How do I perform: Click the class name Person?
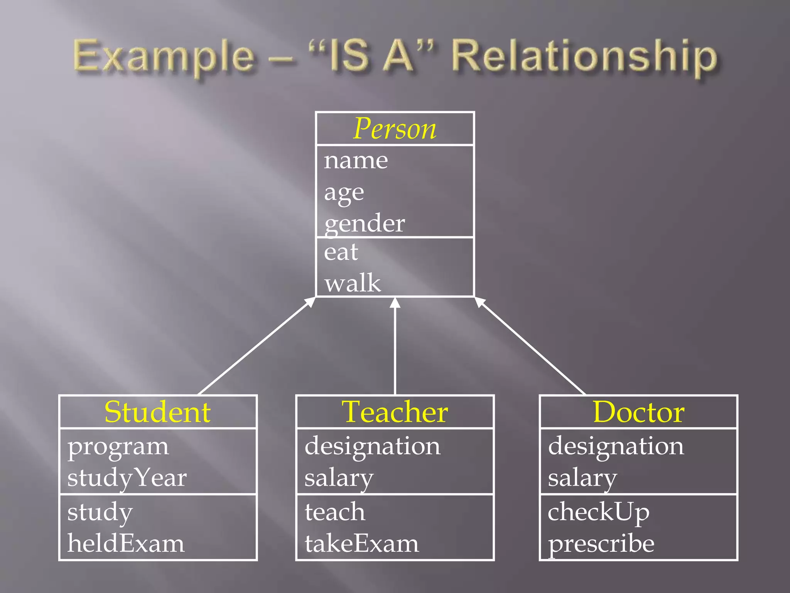click(x=395, y=129)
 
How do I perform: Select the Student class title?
click(x=157, y=412)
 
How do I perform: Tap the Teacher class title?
click(x=395, y=412)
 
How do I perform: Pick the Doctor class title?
click(x=638, y=412)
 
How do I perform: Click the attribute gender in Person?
click(x=365, y=224)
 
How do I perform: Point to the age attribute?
click(x=344, y=192)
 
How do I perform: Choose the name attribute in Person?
click(x=356, y=160)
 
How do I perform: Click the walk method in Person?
click(x=353, y=283)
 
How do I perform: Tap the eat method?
click(x=341, y=252)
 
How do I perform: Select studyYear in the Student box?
click(x=127, y=478)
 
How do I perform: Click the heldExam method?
click(x=126, y=543)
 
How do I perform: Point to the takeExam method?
click(x=361, y=543)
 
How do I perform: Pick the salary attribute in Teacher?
click(x=339, y=478)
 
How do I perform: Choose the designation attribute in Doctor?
click(x=616, y=446)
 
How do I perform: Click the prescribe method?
click(x=601, y=543)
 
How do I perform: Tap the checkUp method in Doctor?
click(x=598, y=512)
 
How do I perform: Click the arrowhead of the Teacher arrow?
click(x=395, y=303)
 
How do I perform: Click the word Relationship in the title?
click(x=584, y=57)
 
